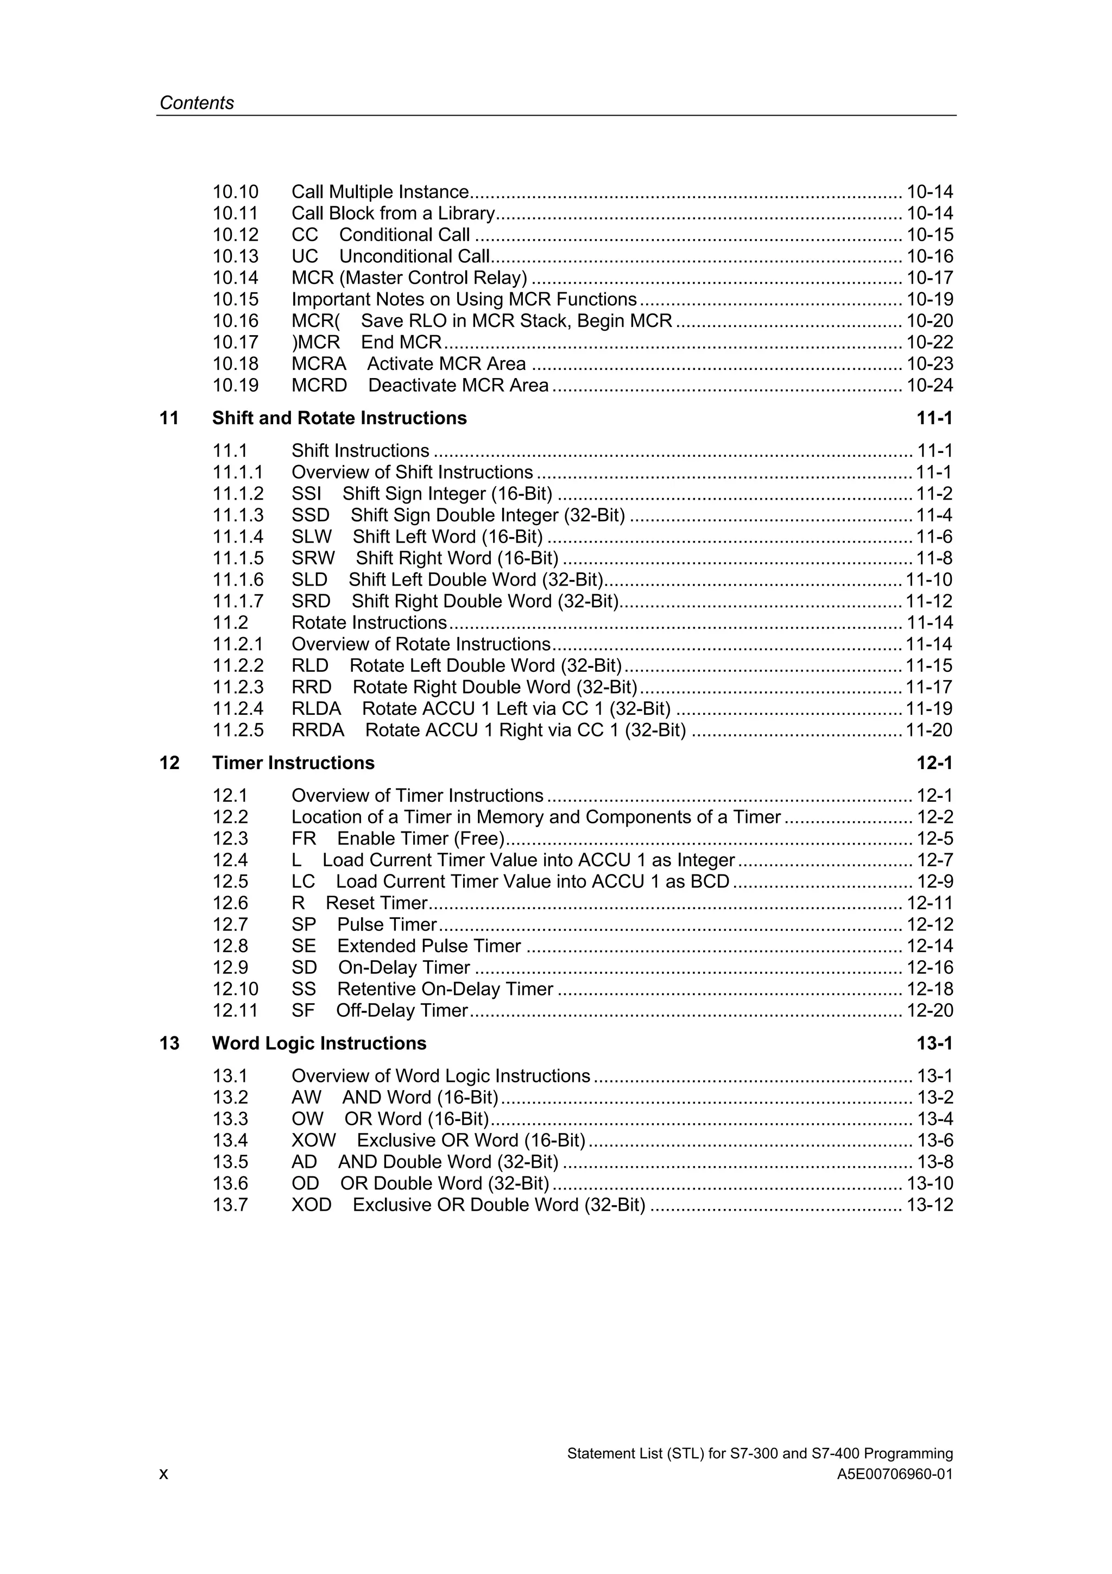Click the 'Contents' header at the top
pos(197,103)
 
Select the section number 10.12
pos(235,235)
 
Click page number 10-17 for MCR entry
pos(930,278)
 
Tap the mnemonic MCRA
pos(319,364)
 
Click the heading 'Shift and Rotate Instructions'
pos(339,418)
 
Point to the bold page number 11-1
pos(934,418)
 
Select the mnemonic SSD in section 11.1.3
pos(311,515)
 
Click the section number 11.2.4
pos(238,709)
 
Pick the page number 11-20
pos(929,730)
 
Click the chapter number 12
pos(169,763)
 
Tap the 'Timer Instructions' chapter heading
pos(293,763)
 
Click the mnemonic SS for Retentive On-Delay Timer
pos(304,989)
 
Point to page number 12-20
pos(930,1010)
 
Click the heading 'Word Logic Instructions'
pos(319,1043)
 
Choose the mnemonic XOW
pos(314,1141)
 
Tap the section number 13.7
pos(230,1205)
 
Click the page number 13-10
pos(930,1184)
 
